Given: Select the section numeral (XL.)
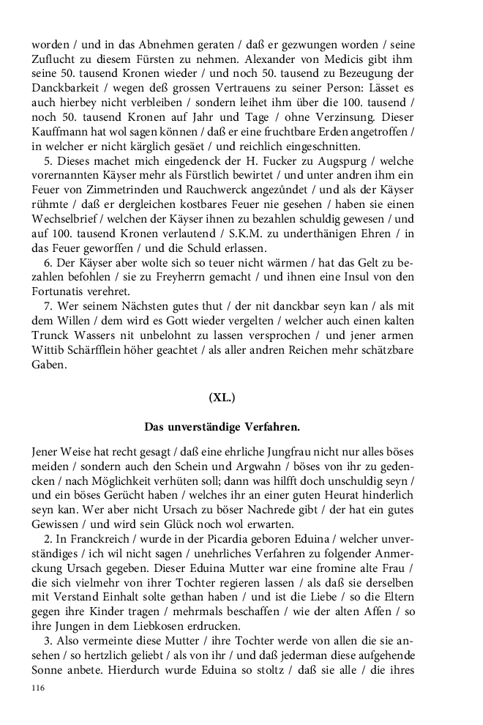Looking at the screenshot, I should coord(222,398).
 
